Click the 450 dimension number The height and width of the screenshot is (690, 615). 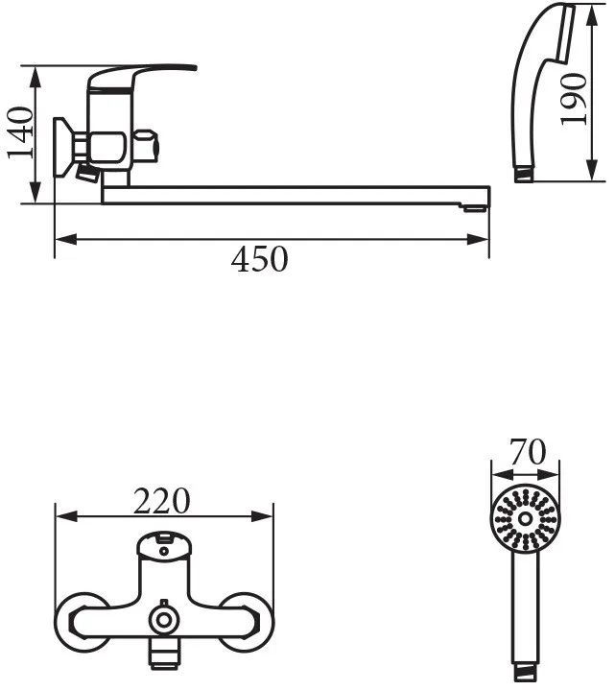[260, 260]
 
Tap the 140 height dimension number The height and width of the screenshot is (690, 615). [21, 132]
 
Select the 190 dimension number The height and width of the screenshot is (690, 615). [573, 100]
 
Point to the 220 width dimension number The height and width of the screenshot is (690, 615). [162, 501]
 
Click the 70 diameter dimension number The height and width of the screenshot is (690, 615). [528, 451]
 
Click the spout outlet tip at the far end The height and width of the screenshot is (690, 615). [474, 207]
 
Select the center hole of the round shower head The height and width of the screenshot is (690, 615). [525, 518]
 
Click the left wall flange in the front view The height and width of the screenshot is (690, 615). [83, 622]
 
